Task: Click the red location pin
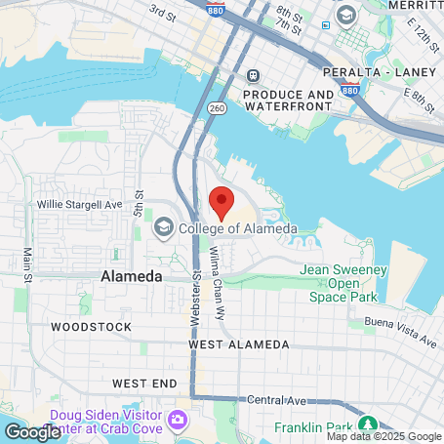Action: tap(222, 203)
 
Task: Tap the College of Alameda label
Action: tap(237, 228)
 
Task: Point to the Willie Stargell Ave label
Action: tap(80, 206)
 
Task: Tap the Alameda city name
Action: tap(132, 277)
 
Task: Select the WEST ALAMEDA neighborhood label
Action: tap(238, 344)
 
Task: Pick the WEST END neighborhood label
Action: tap(143, 383)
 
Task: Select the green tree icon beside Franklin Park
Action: tap(367, 424)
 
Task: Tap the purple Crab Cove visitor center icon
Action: tap(178, 420)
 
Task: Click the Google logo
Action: tap(32, 432)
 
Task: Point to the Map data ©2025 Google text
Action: tap(383, 436)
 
